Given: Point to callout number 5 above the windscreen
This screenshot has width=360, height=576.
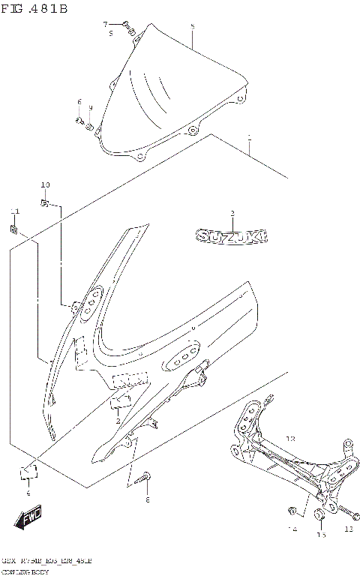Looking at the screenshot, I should click(x=193, y=26).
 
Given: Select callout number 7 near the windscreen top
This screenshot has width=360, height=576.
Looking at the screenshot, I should click(x=105, y=24).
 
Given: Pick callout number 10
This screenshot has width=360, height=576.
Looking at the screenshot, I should click(x=45, y=184).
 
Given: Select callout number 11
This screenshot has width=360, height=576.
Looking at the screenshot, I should click(x=13, y=211).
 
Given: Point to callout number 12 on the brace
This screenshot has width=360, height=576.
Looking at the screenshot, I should click(x=291, y=437).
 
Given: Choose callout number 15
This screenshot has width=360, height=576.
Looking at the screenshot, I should click(x=320, y=534).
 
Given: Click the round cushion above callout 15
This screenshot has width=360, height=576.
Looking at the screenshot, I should click(x=318, y=514).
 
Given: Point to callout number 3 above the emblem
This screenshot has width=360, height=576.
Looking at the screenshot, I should click(x=232, y=214).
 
